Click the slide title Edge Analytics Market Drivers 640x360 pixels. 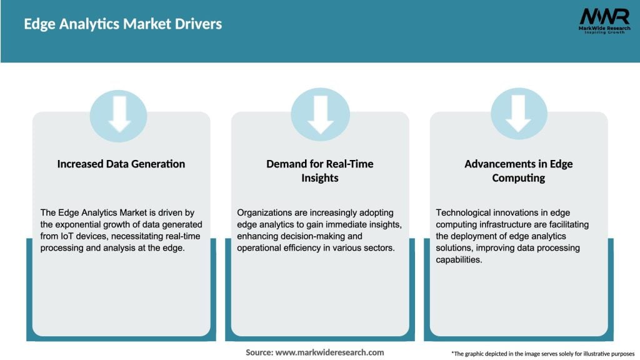(122, 24)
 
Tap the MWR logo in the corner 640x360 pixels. (604, 16)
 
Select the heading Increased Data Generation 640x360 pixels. (121, 164)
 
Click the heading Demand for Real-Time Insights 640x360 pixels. (320, 171)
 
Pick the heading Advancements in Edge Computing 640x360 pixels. (518, 171)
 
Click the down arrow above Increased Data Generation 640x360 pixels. (119, 114)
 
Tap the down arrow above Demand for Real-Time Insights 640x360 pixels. (320, 114)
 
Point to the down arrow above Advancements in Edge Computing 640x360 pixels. (518, 114)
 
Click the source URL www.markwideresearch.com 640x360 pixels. (329, 352)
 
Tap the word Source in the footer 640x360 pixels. (259, 352)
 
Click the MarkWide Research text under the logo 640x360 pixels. (604, 28)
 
